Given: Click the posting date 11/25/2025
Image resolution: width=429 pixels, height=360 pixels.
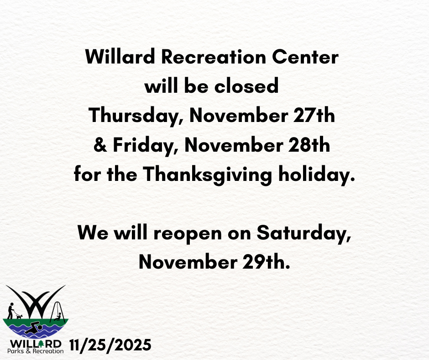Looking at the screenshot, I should point(110,345).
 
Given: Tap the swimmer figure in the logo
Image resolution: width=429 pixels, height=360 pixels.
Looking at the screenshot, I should point(33,328).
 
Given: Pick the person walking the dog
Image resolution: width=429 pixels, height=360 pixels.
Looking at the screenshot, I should point(10,311).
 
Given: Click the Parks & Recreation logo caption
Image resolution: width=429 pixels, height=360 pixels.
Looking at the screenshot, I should point(35,351).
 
